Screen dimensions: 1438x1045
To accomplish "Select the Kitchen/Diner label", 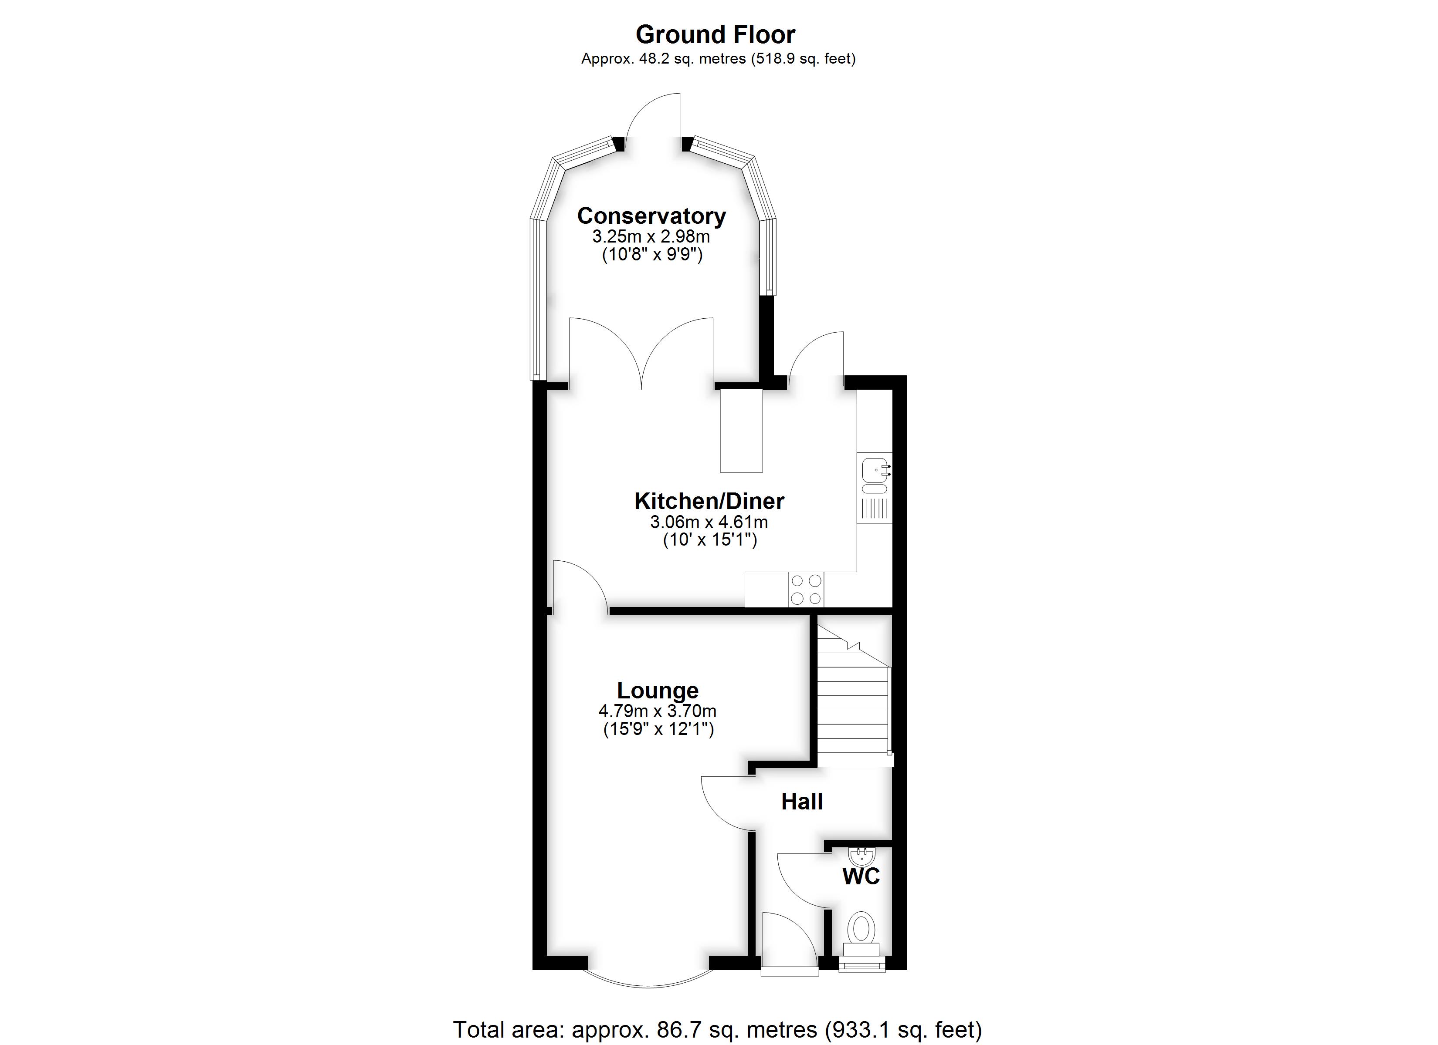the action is pyautogui.click(x=709, y=501).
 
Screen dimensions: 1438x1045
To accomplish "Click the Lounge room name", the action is pyautogui.click(x=658, y=691).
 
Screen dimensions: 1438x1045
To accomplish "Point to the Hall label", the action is pyautogui.click(x=802, y=802).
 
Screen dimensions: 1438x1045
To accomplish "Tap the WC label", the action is pyautogui.click(x=861, y=877).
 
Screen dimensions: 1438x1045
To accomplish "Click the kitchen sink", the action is pyautogui.click(x=875, y=476).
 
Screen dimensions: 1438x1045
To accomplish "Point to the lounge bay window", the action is pyautogui.click(x=648, y=981).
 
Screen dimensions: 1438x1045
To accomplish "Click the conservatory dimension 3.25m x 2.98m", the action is pyautogui.click(x=651, y=237).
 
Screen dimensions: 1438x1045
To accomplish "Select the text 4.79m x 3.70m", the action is pyautogui.click(x=658, y=711).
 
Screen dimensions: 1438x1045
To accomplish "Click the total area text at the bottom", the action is pyautogui.click(x=717, y=1030).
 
